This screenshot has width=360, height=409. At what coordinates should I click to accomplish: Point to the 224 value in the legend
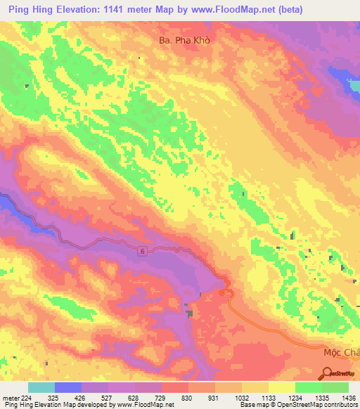tap(26, 397)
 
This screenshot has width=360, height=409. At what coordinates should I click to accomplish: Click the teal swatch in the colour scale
tap(41, 387)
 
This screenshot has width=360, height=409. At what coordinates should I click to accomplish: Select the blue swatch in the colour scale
tap(68, 387)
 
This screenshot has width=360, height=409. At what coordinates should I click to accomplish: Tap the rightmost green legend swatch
tap(335, 387)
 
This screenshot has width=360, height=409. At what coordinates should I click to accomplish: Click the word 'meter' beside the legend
tap(11, 397)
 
